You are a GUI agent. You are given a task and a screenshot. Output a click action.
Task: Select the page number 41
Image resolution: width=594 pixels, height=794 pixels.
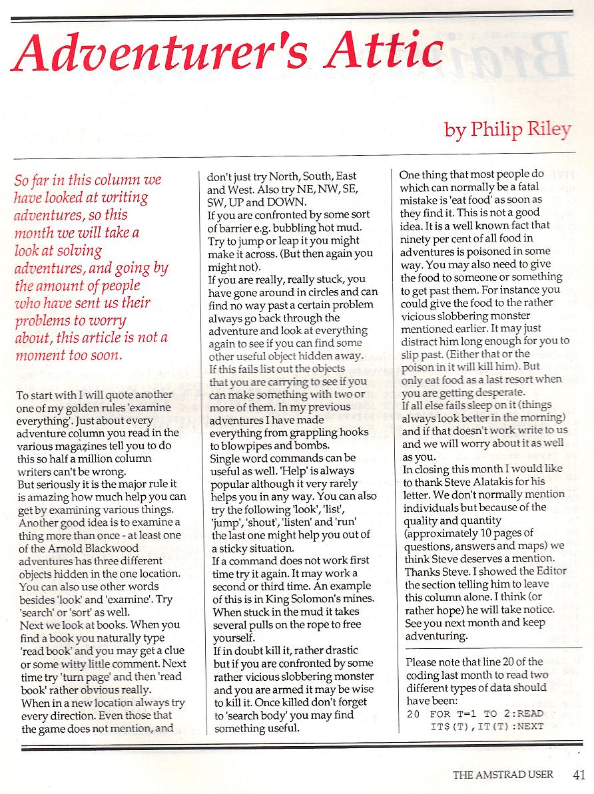pos(578,774)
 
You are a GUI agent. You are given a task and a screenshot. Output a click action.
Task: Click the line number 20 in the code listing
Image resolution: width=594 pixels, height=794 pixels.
pos(412,714)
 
